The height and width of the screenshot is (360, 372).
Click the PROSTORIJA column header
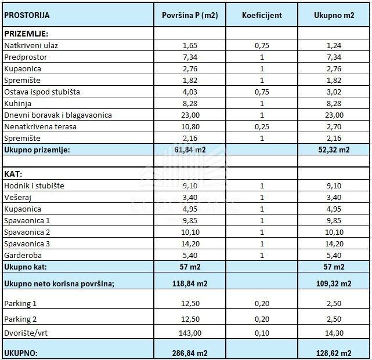tap(27, 15)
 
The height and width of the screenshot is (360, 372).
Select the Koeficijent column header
tap(262, 15)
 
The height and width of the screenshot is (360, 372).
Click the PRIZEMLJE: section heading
tap(26, 34)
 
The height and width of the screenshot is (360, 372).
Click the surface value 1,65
tap(190, 45)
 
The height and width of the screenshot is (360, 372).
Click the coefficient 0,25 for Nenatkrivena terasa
tap(262, 126)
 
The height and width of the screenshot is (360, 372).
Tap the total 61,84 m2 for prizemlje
tap(190, 150)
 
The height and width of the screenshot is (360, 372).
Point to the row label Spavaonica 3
tap(27, 243)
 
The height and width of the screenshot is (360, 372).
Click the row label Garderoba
tap(23, 255)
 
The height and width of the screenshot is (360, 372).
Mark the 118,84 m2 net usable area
tap(190, 283)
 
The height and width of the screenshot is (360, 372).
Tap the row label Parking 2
tap(20, 319)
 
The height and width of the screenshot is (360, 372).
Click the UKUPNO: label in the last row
tap(21, 352)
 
